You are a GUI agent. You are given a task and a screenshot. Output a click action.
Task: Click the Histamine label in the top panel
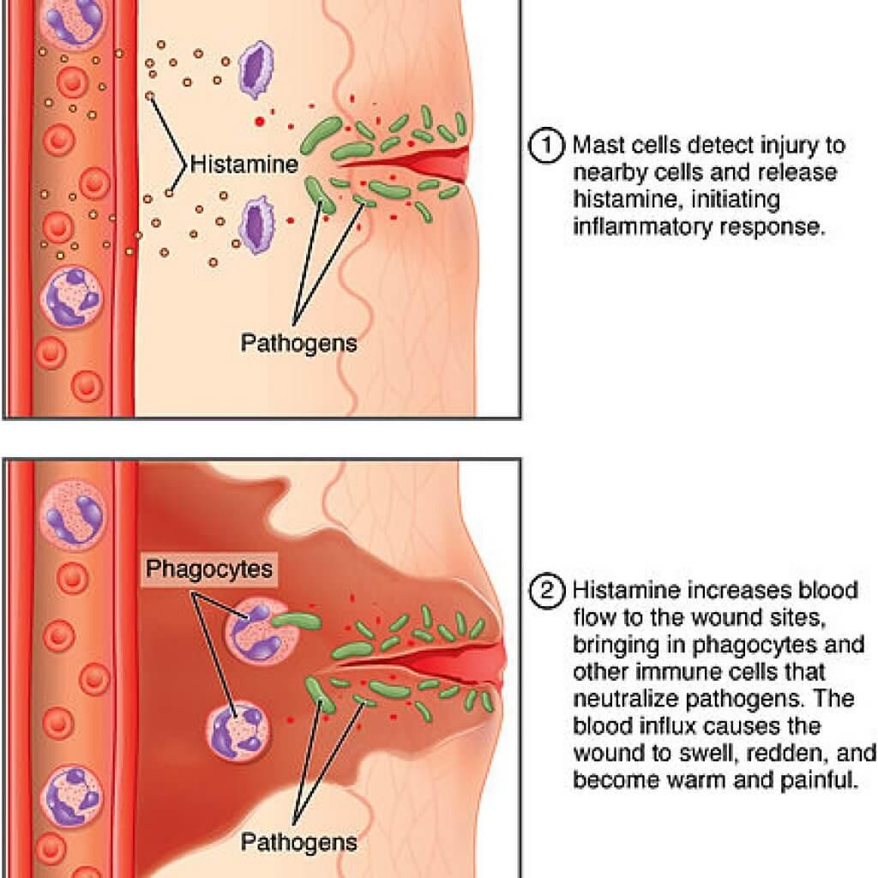[244, 163]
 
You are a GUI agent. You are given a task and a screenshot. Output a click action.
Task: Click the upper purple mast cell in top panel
[254, 65]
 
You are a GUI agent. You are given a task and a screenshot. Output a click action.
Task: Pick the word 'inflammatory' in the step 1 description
[634, 229]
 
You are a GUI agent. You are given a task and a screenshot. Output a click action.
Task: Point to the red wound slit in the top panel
[412, 160]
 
